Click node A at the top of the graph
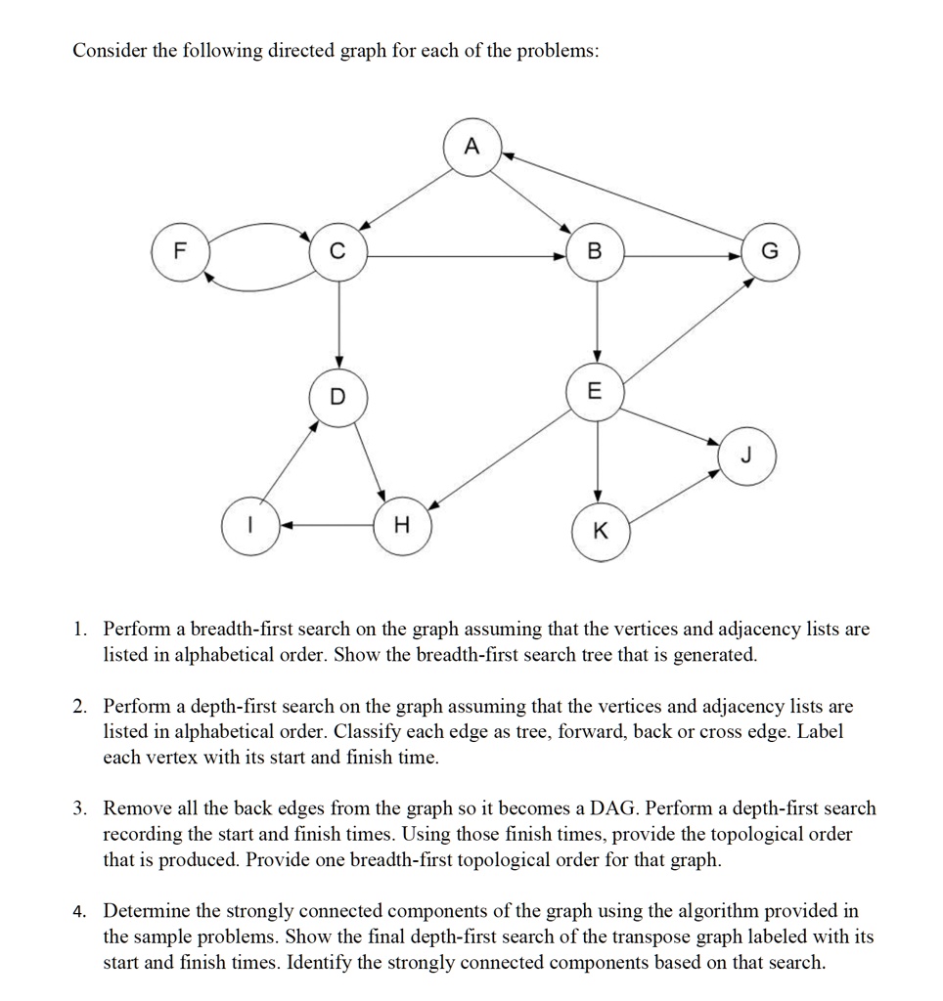(x=473, y=149)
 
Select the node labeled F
(x=178, y=254)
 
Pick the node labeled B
(x=596, y=254)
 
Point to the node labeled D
(x=337, y=397)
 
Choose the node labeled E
(x=596, y=392)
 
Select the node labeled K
(x=600, y=533)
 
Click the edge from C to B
(x=460, y=255)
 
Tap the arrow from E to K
(x=597, y=459)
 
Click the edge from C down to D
(x=337, y=323)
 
